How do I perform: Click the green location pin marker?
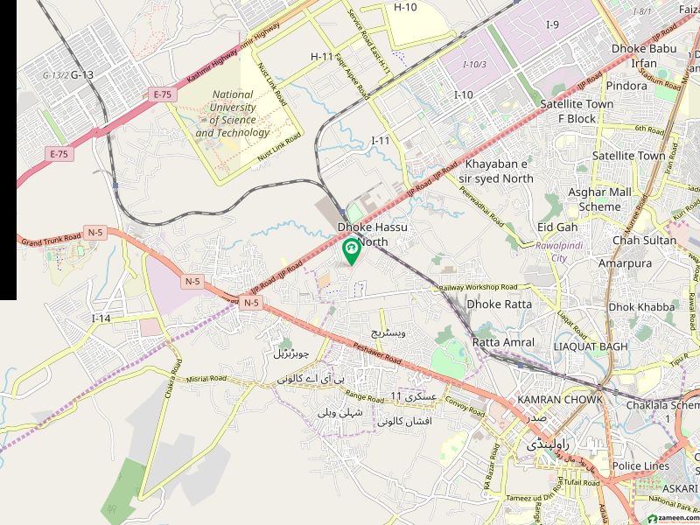point(351,250)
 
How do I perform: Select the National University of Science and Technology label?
point(233,114)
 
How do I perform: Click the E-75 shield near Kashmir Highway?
point(162,93)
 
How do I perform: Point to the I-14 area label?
point(101,318)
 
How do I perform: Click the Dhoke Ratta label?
point(499,304)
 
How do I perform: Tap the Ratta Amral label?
point(503,342)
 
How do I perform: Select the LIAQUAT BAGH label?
point(592,347)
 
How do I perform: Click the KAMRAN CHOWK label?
point(560,400)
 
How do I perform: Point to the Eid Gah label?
point(557,227)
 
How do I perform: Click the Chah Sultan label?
point(644,240)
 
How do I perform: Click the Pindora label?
point(626,87)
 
